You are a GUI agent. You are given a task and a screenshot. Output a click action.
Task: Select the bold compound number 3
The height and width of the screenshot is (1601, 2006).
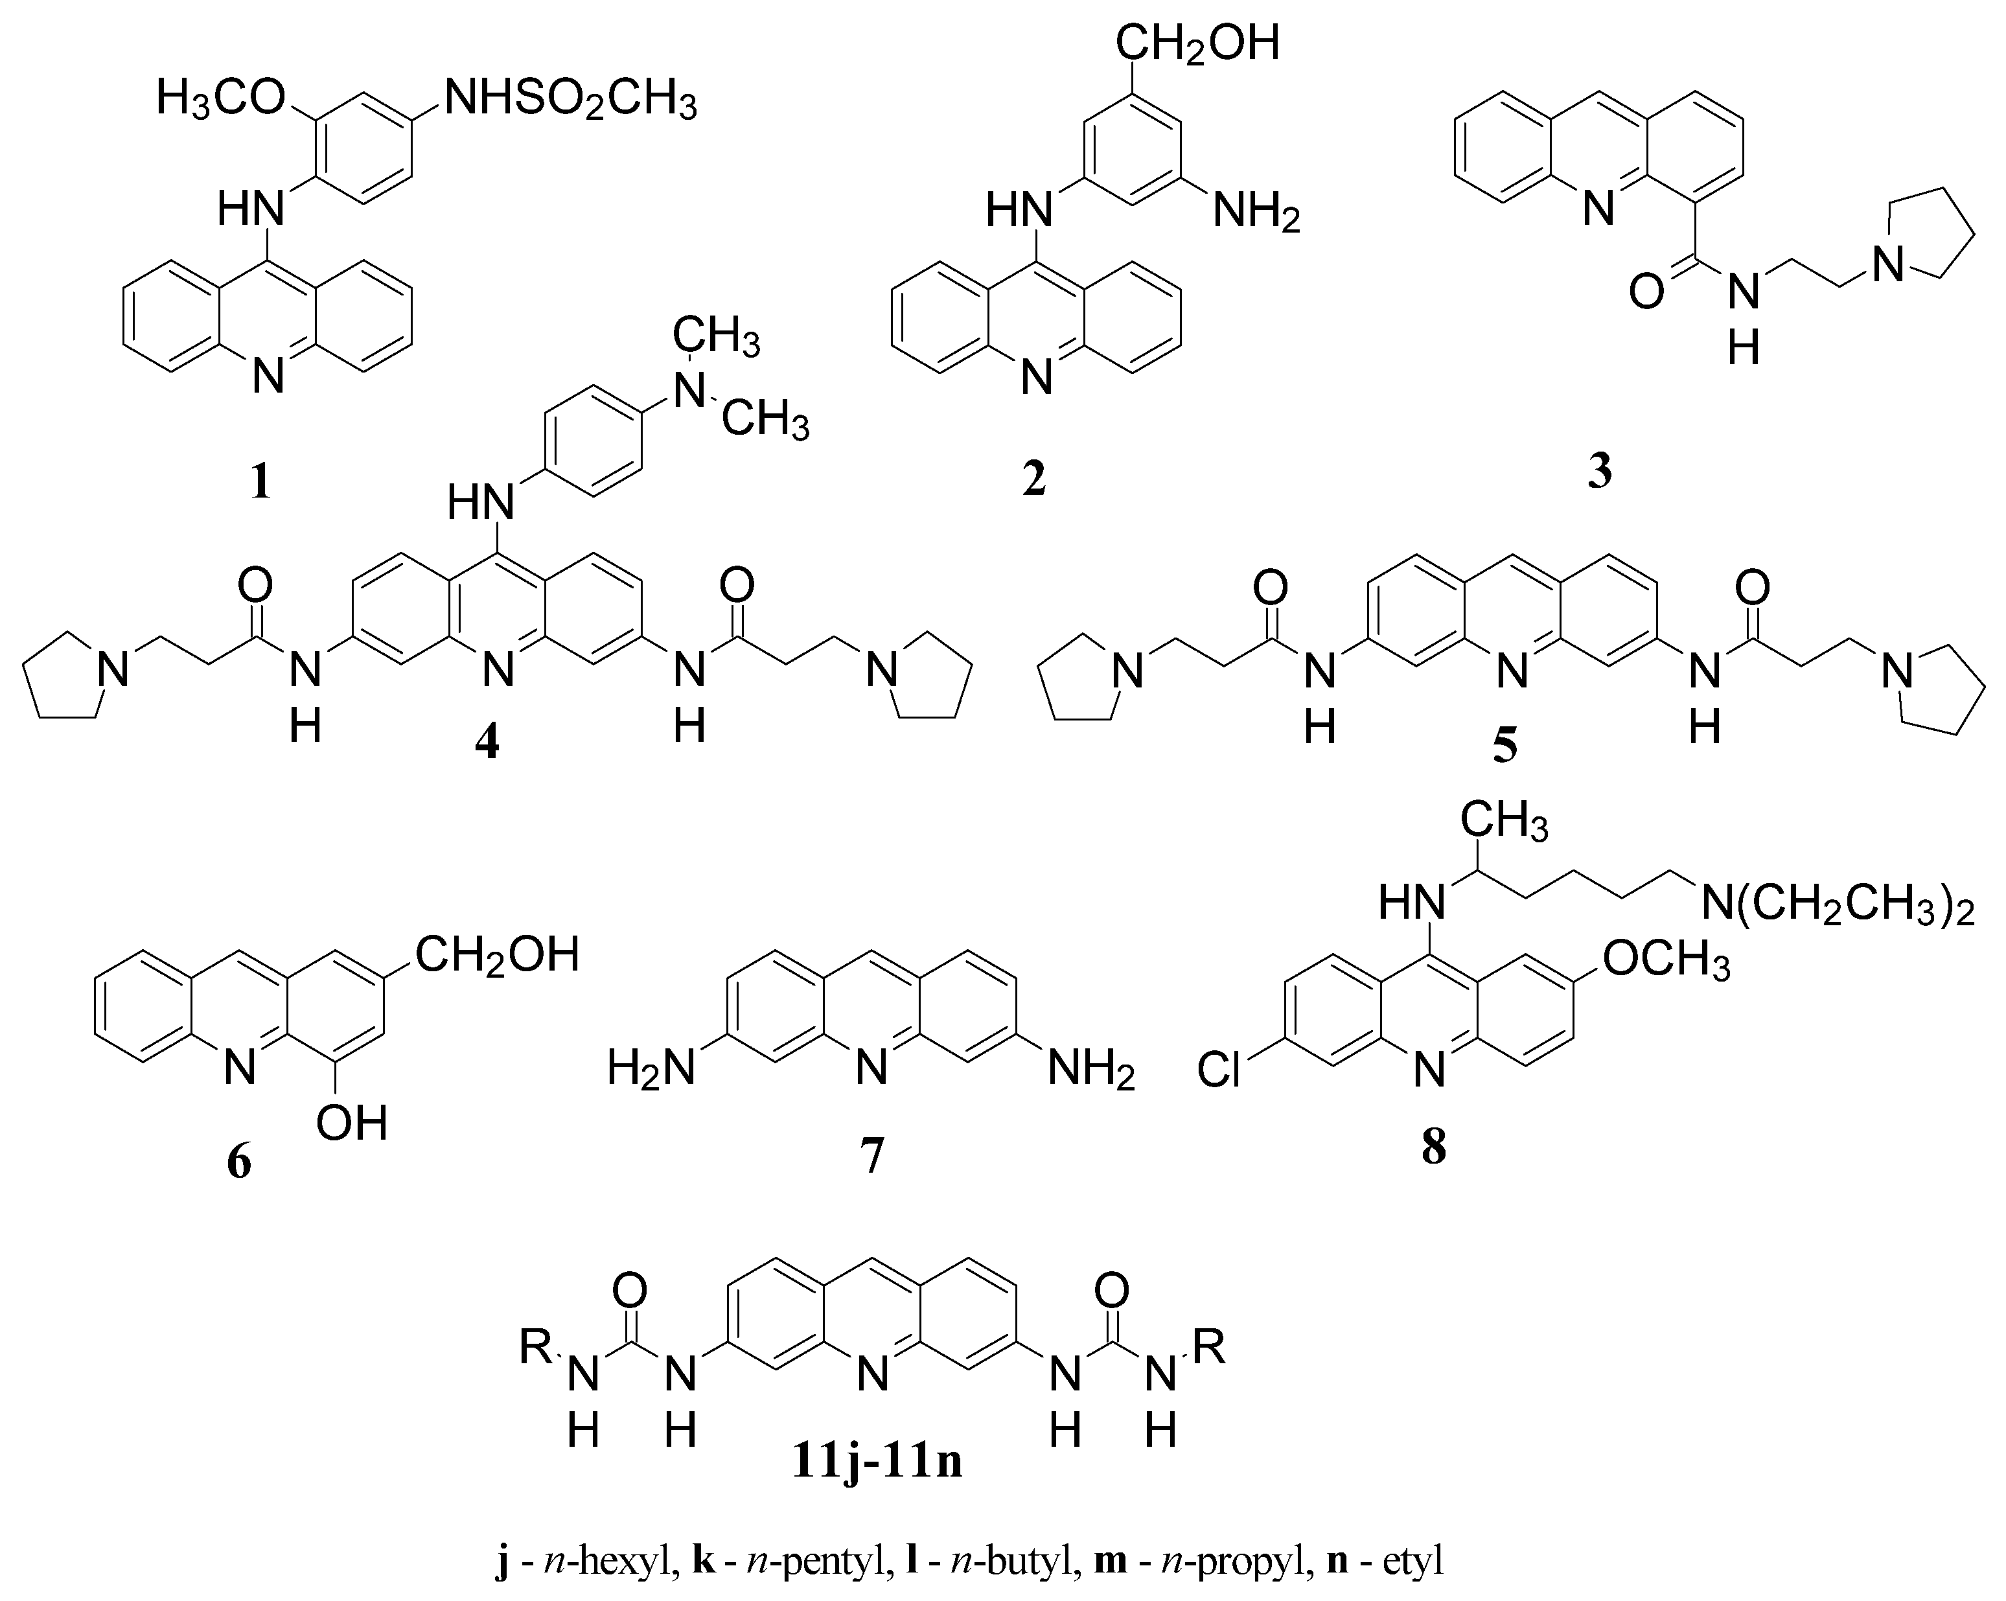pos(1599,472)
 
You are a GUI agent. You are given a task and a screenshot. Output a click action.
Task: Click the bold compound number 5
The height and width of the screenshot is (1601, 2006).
pos(1504,744)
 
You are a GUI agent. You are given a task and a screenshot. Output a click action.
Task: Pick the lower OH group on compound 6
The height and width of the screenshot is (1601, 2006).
pos(352,1123)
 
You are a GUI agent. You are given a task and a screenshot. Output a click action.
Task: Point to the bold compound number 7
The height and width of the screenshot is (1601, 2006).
pos(872,1157)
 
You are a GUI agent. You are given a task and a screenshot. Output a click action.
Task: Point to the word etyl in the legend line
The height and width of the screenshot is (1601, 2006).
pos(1412,1560)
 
